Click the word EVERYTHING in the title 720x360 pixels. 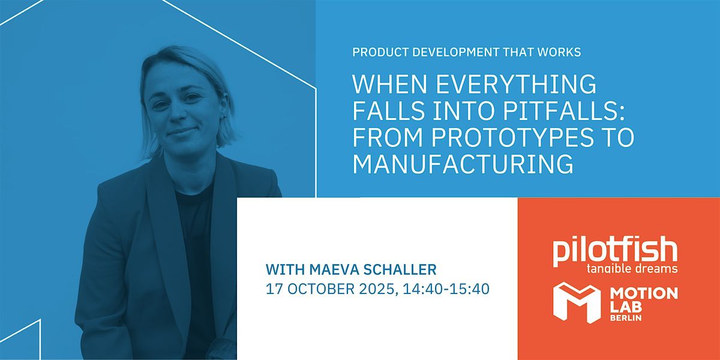click(516, 84)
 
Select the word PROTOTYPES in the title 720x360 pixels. click(512, 137)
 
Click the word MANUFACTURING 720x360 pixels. click(463, 164)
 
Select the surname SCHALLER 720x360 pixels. click(400, 269)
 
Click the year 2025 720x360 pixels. click(376, 289)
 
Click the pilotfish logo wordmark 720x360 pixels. click(615, 251)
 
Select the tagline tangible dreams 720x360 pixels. click(632, 269)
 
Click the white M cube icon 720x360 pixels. click(577, 302)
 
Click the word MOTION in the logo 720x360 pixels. click(643, 293)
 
